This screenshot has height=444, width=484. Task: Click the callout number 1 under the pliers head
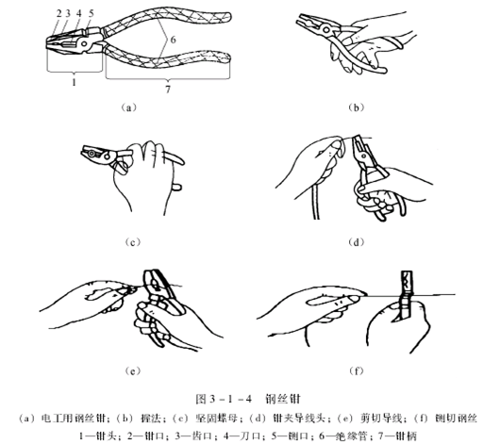click(x=74, y=82)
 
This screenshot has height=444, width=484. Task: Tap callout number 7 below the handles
click(x=168, y=90)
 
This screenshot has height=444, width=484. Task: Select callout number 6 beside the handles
click(x=173, y=40)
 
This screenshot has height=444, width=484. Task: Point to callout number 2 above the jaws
click(x=58, y=13)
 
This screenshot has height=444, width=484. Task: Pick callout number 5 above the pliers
click(x=92, y=13)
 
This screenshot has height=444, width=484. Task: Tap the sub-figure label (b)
click(x=357, y=107)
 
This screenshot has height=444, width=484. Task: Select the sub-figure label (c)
click(x=132, y=242)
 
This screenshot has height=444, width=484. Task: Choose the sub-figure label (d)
click(x=357, y=242)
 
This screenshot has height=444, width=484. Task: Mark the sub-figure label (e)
click(x=132, y=371)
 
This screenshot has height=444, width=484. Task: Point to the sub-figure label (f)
click(x=357, y=371)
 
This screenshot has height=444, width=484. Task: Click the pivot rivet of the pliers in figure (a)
click(x=84, y=43)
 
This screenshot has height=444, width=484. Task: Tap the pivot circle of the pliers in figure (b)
click(x=326, y=30)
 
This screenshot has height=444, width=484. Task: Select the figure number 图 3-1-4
click(x=224, y=399)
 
